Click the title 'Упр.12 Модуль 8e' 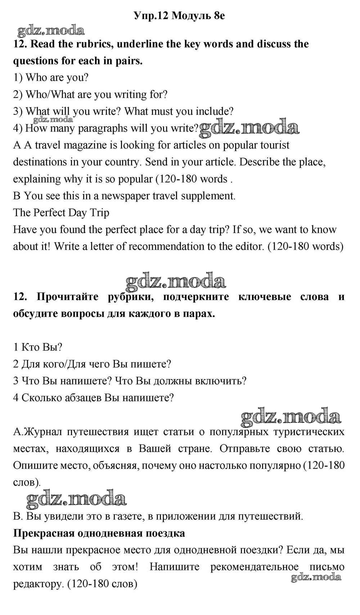click(x=179, y=15)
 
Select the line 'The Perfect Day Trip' click(x=61, y=213)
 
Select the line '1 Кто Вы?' click(x=38, y=347)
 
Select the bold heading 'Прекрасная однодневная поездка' click(x=99, y=533)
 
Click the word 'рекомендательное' click(x=254, y=567)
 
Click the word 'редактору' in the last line click(x=38, y=584)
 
